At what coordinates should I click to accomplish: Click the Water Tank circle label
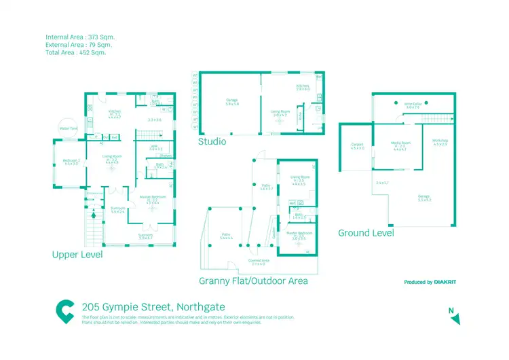[68, 128]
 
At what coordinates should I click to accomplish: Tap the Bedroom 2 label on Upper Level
[72, 162]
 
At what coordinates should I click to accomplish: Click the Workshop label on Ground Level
[440, 143]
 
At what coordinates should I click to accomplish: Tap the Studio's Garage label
[231, 102]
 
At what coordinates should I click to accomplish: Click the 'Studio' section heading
[212, 142]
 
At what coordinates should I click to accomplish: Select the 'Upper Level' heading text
[77, 255]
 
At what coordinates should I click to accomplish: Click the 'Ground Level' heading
[365, 233]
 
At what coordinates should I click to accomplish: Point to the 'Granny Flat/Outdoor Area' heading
[253, 281]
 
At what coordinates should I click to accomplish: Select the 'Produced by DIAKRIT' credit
[429, 282]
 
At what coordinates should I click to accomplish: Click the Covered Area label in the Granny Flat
[259, 262]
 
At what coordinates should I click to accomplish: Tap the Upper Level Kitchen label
[115, 113]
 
